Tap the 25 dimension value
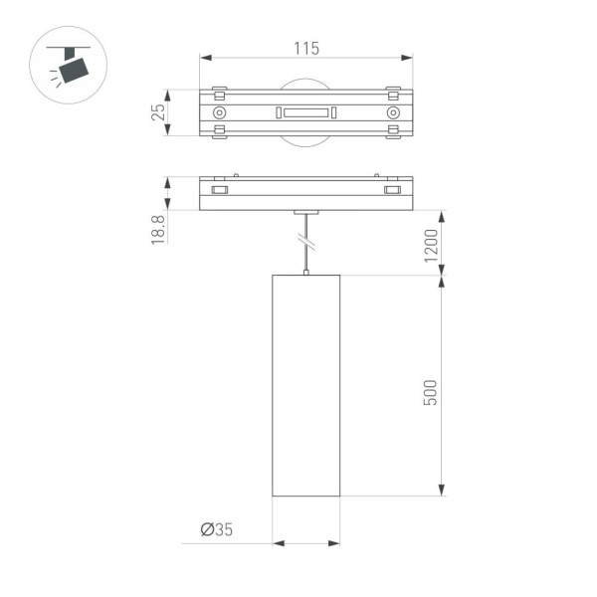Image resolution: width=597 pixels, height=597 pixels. (x=157, y=112)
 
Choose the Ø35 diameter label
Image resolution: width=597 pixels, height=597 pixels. (x=216, y=529)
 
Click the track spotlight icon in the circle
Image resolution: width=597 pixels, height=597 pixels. (x=71, y=66)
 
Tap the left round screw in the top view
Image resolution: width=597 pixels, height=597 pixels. (x=219, y=113)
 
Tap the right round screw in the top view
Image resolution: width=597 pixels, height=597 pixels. (x=394, y=113)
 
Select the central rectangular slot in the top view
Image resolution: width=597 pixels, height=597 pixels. (x=306, y=113)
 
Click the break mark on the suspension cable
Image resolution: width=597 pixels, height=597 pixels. (x=306, y=240)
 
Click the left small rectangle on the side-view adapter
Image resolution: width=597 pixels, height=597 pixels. (x=220, y=190)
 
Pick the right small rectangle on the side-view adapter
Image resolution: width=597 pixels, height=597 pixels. (x=393, y=190)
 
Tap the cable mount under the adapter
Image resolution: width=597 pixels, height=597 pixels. (x=306, y=212)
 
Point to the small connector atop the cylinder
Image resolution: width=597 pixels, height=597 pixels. (x=306, y=272)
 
